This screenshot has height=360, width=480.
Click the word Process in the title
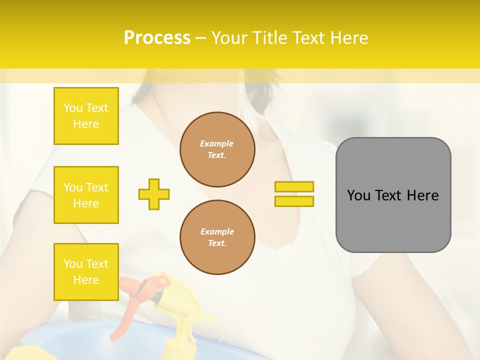[x=157, y=37]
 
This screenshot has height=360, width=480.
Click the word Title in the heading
[x=269, y=37]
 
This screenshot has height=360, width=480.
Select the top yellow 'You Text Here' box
[x=86, y=116]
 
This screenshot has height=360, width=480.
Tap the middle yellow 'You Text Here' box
[x=86, y=195]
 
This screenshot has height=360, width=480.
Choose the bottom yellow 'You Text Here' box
[x=86, y=271]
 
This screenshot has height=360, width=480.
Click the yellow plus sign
[x=154, y=194]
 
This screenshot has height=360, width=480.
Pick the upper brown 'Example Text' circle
[x=217, y=149]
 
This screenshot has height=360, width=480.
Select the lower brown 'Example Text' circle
[x=217, y=237]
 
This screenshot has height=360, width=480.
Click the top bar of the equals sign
[x=294, y=187]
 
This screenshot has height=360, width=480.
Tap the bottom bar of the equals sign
[x=294, y=201]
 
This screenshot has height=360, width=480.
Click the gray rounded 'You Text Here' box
[x=393, y=195]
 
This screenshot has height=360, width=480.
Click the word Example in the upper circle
[x=217, y=143]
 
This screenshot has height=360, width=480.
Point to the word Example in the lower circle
[x=217, y=231]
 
